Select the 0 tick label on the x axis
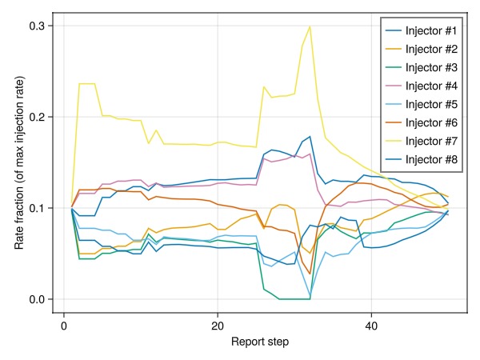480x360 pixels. pyautogui.click(x=64, y=326)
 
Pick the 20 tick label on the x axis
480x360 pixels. pyautogui.click(x=218, y=326)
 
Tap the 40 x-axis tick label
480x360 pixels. pyautogui.click(x=371, y=326)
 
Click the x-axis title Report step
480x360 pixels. pyautogui.click(x=259, y=342)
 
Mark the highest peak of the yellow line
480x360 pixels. pyautogui.click(x=310, y=26)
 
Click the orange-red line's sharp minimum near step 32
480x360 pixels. pyautogui.click(x=310, y=274)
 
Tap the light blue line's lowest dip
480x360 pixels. pyautogui.click(x=310, y=297)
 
